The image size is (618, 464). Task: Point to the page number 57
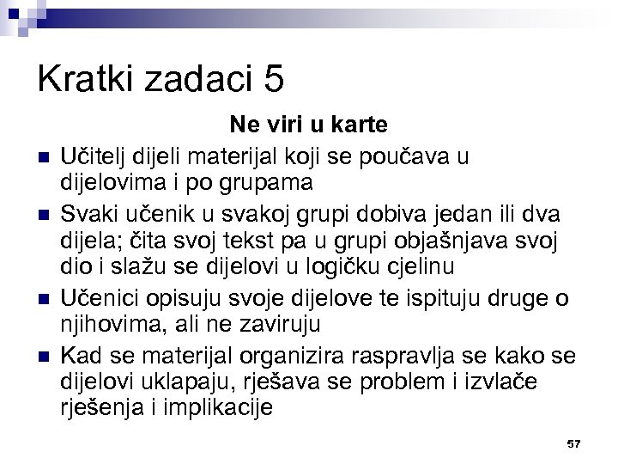(x=574, y=443)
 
